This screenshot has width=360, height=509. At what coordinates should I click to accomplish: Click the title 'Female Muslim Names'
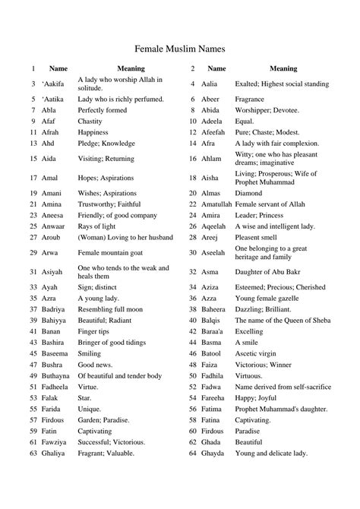coord(179,48)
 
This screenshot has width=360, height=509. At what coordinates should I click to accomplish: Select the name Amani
coord(52,194)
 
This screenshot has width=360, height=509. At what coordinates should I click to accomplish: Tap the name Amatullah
coord(216,204)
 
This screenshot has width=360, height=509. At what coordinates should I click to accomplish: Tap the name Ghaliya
coord(54,454)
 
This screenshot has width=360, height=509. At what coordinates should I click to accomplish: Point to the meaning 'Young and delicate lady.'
coord(271,454)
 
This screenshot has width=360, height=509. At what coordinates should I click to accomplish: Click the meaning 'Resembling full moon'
coord(110,310)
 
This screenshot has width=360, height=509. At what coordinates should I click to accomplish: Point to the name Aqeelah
coord(215,226)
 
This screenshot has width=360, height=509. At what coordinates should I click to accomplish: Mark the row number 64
coord(193,454)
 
